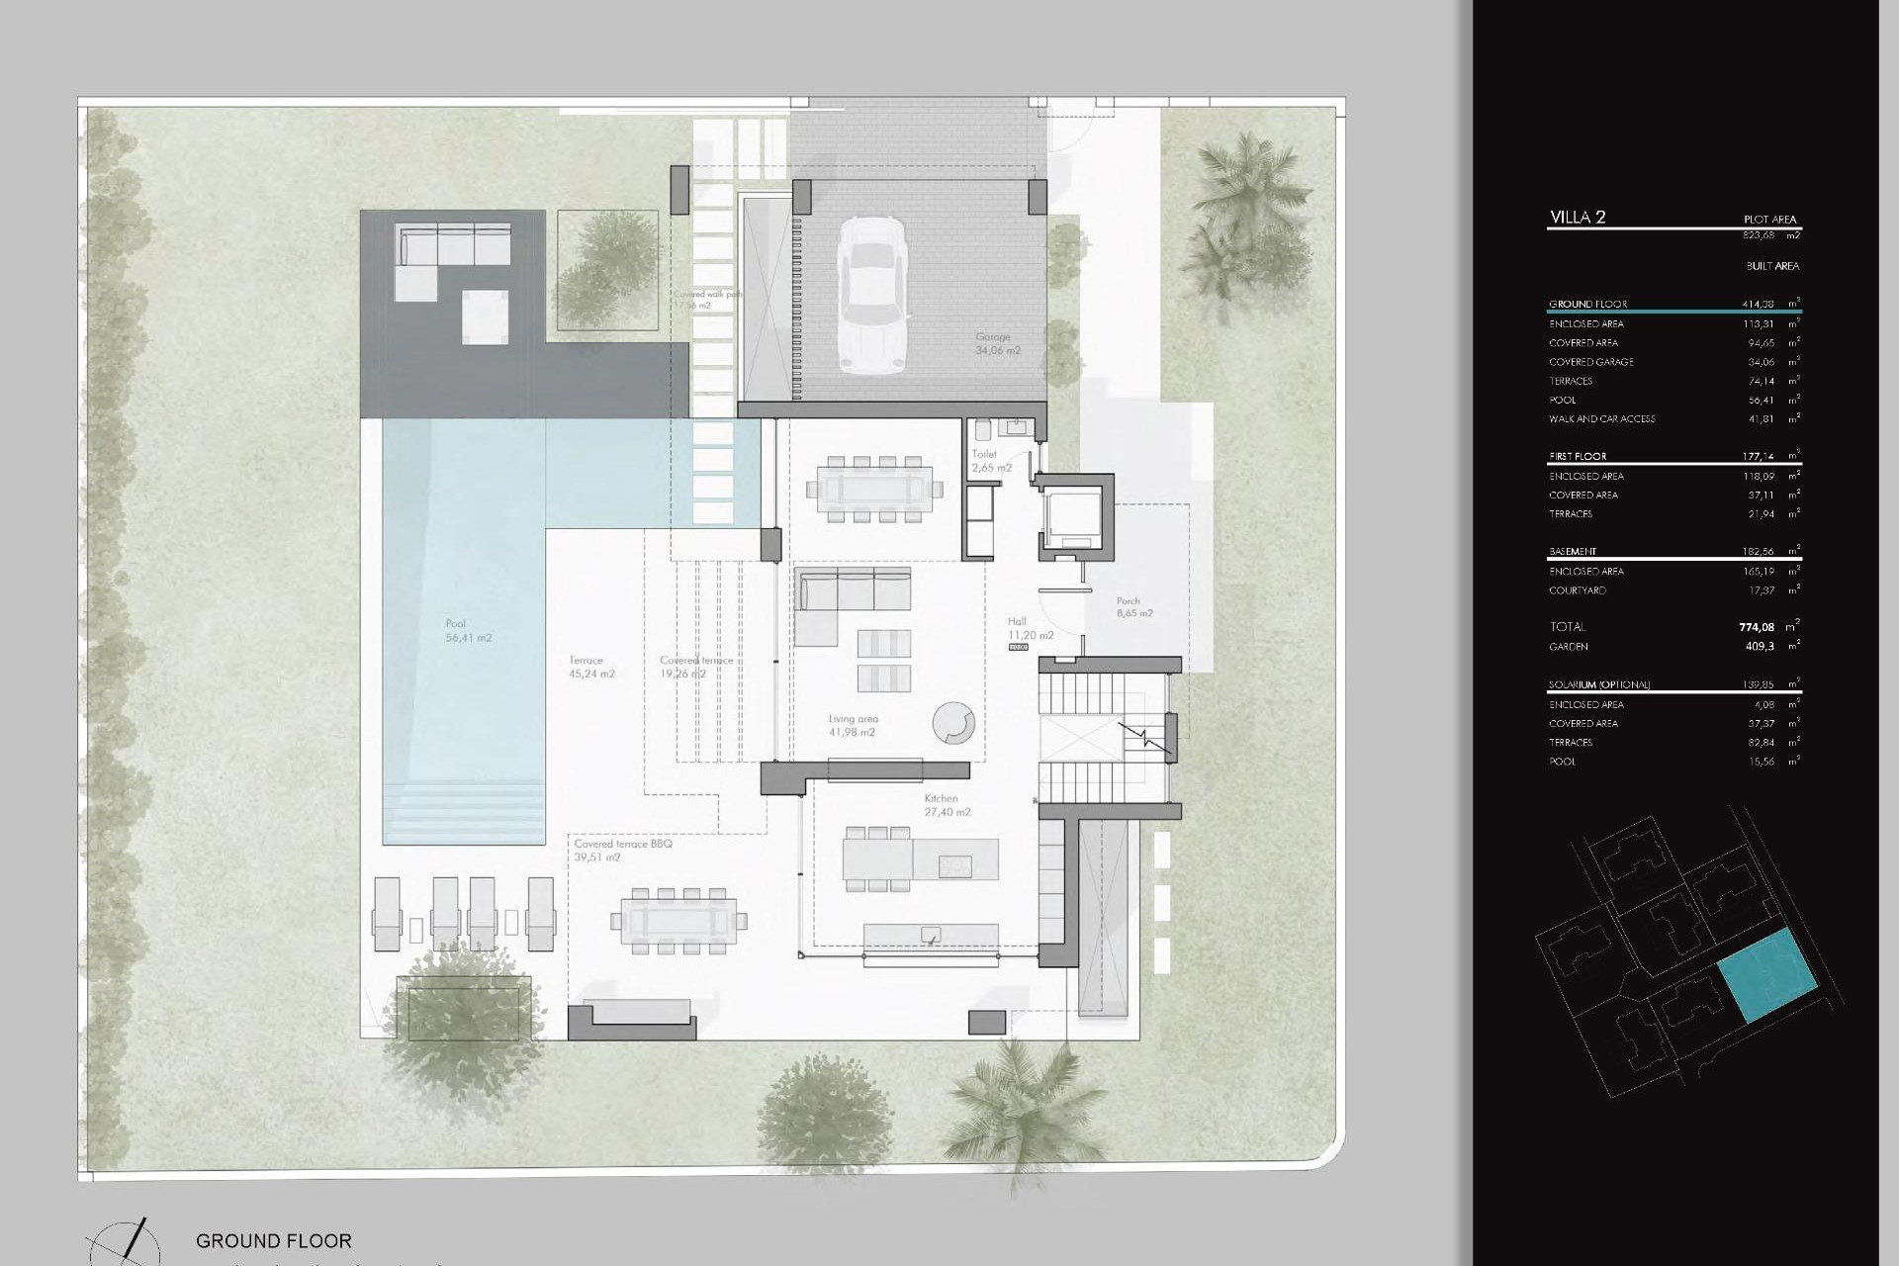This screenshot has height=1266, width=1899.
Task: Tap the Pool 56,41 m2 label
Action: tap(468, 631)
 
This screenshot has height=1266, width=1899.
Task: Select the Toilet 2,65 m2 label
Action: tap(990, 461)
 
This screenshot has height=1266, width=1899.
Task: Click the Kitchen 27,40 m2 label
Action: tap(947, 805)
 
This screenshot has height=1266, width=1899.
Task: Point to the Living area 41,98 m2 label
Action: tap(853, 726)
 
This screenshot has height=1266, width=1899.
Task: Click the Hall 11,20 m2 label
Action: tap(1030, 629)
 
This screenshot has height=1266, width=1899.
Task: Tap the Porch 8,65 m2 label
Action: tap(1133, 606)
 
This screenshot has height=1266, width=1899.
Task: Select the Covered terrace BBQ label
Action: tap(623, 851)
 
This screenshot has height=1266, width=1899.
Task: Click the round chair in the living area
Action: tap(953, 723)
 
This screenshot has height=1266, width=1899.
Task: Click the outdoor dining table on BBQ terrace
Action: tap(679, 921)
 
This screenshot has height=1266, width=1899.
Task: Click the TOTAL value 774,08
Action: tap(1756, 627)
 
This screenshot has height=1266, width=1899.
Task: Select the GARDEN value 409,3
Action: tap(1760, 647)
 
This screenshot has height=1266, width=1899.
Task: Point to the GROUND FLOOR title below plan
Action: tap(273, 1240)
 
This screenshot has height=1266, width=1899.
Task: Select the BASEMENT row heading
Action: tap(1573, 552)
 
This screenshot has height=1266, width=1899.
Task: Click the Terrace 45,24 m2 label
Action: tap(591, 667)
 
